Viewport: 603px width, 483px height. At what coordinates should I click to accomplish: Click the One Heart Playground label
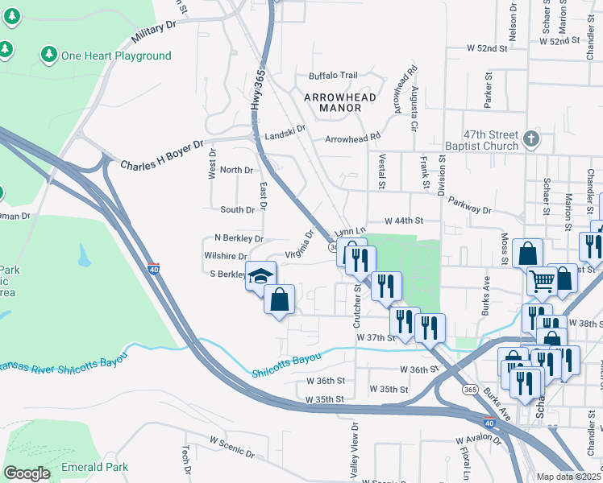116,56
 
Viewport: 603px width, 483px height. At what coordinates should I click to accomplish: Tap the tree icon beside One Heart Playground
48,55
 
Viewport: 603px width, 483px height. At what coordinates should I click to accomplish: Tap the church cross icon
530,139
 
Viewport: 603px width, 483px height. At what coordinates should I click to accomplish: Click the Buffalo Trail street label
333,76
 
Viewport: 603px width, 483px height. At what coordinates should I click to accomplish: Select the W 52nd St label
490,48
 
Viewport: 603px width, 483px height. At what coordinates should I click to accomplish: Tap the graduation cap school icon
260,276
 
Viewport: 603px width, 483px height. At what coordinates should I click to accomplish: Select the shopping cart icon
543,281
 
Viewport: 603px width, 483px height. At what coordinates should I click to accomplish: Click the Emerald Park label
94,467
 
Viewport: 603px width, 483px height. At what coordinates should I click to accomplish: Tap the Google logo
27,473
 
